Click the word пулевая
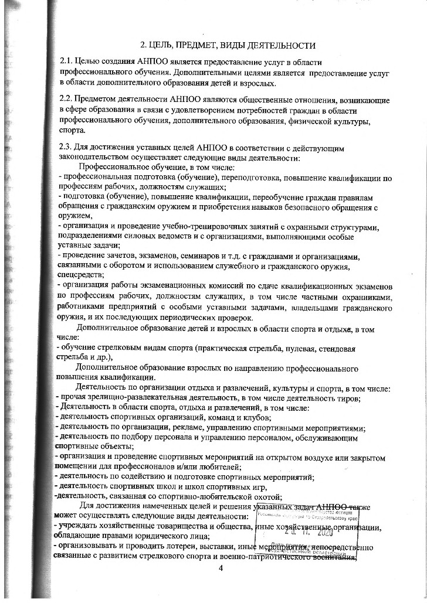pyautogui.click(x=296, y=348)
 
